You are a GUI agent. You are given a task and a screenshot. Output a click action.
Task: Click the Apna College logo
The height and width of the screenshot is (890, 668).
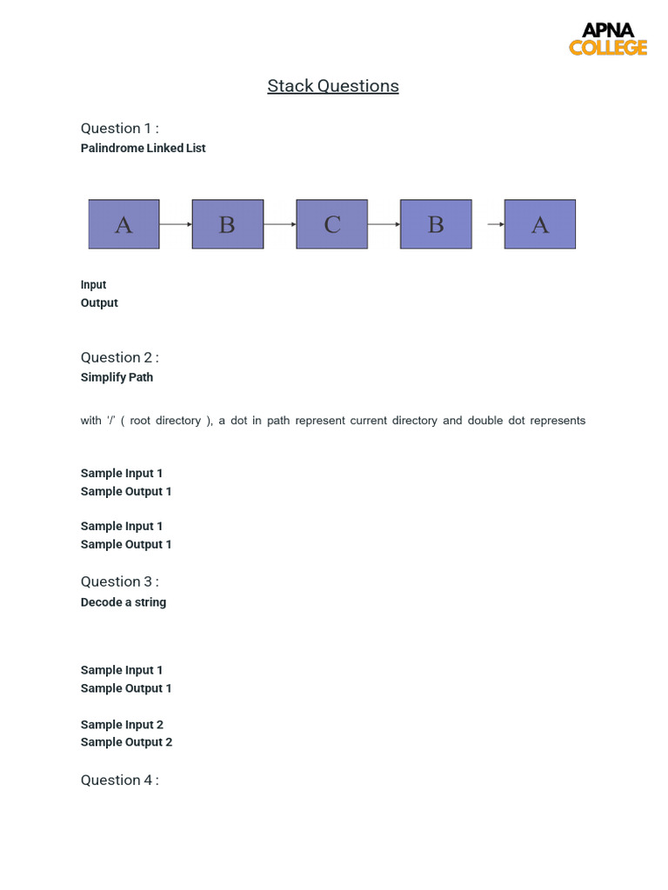[608, 39]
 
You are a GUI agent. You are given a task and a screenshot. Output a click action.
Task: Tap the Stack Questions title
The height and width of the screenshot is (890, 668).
[333, 85]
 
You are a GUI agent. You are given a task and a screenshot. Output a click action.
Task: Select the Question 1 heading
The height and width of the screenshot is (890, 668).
[119, 128]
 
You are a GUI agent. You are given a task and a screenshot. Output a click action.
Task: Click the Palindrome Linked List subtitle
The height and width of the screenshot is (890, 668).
[143, 148]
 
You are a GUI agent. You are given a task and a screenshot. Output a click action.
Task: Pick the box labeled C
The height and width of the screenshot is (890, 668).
[331, 224]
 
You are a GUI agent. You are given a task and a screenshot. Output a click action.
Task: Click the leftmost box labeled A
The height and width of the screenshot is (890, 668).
[124, 224]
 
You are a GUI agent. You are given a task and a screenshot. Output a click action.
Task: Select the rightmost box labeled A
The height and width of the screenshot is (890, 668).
[539, 224]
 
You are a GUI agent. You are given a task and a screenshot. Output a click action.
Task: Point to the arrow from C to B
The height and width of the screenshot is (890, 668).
[384, 224]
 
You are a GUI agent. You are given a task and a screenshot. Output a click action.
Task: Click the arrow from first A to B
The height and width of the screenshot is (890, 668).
[175, 224]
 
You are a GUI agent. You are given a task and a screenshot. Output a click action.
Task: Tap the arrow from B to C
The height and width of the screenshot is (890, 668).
[279, 224]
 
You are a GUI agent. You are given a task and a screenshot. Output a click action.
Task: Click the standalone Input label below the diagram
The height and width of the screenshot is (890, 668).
[93, 284]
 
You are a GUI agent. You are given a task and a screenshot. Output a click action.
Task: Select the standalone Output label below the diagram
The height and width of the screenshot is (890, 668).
[99, 302]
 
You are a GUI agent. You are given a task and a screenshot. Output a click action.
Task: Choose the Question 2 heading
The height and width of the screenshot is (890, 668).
[119, 357]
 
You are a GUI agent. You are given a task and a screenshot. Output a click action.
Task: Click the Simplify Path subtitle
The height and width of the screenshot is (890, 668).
[117, 377]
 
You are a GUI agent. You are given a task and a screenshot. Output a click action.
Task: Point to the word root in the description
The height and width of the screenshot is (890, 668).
[141, 421]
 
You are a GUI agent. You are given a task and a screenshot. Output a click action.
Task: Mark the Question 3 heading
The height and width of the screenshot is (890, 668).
[119, 581]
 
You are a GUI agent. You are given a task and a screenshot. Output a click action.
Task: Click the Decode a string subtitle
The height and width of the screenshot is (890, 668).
[123, 601]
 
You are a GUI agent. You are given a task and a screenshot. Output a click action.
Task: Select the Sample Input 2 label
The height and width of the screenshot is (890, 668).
[122, 724]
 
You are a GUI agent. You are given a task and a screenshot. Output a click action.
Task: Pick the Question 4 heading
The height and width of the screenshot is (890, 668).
[119, 780]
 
